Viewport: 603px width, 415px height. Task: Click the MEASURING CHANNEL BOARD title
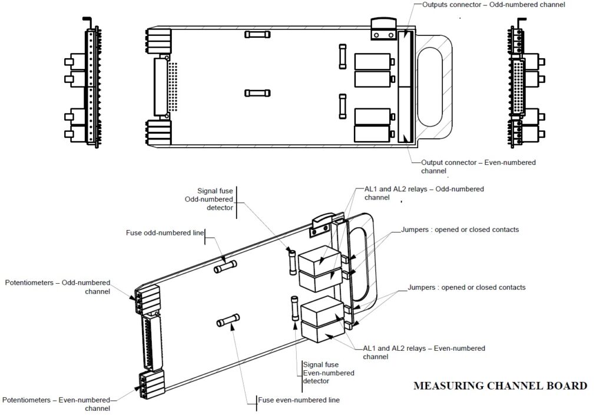(x=500, y=386)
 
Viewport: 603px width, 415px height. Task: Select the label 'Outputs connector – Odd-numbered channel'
(x=493, y=5)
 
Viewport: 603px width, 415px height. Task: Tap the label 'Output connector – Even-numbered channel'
(x=478, y=167)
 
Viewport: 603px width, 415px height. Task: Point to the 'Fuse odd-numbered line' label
(x=164, y=233)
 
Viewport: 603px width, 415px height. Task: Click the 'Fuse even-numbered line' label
(x=299, y=400)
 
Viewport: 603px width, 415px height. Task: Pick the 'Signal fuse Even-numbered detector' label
(x=329, y=373)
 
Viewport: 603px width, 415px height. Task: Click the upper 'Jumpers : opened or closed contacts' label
(x=460, y=230)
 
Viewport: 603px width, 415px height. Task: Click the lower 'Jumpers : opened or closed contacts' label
(x=466, y=287)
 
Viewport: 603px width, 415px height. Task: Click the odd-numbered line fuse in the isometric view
(x=226, y=268)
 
